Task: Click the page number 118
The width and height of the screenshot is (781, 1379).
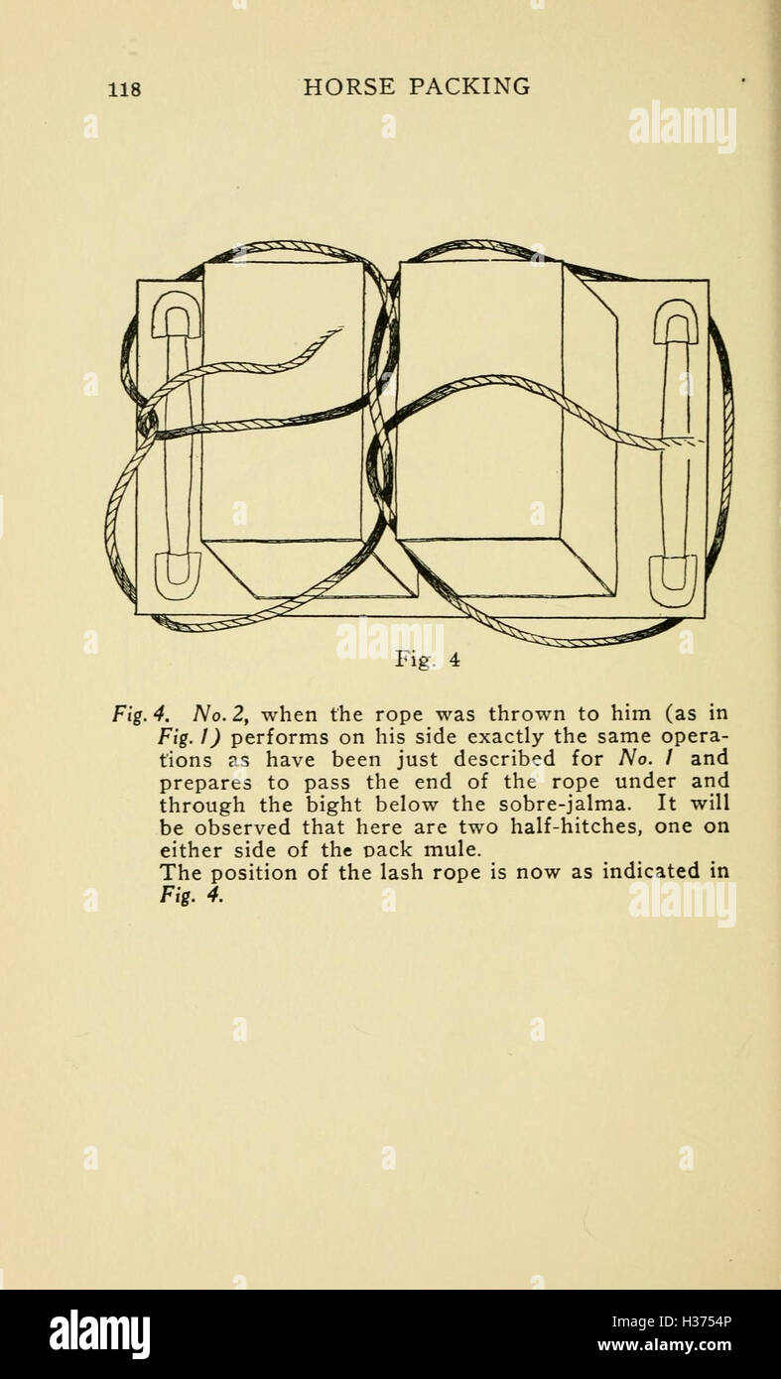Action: (124, 89)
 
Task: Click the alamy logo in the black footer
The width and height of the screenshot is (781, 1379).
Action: (99, 1334)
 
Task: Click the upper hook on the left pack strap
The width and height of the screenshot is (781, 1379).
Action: (176, 314)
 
